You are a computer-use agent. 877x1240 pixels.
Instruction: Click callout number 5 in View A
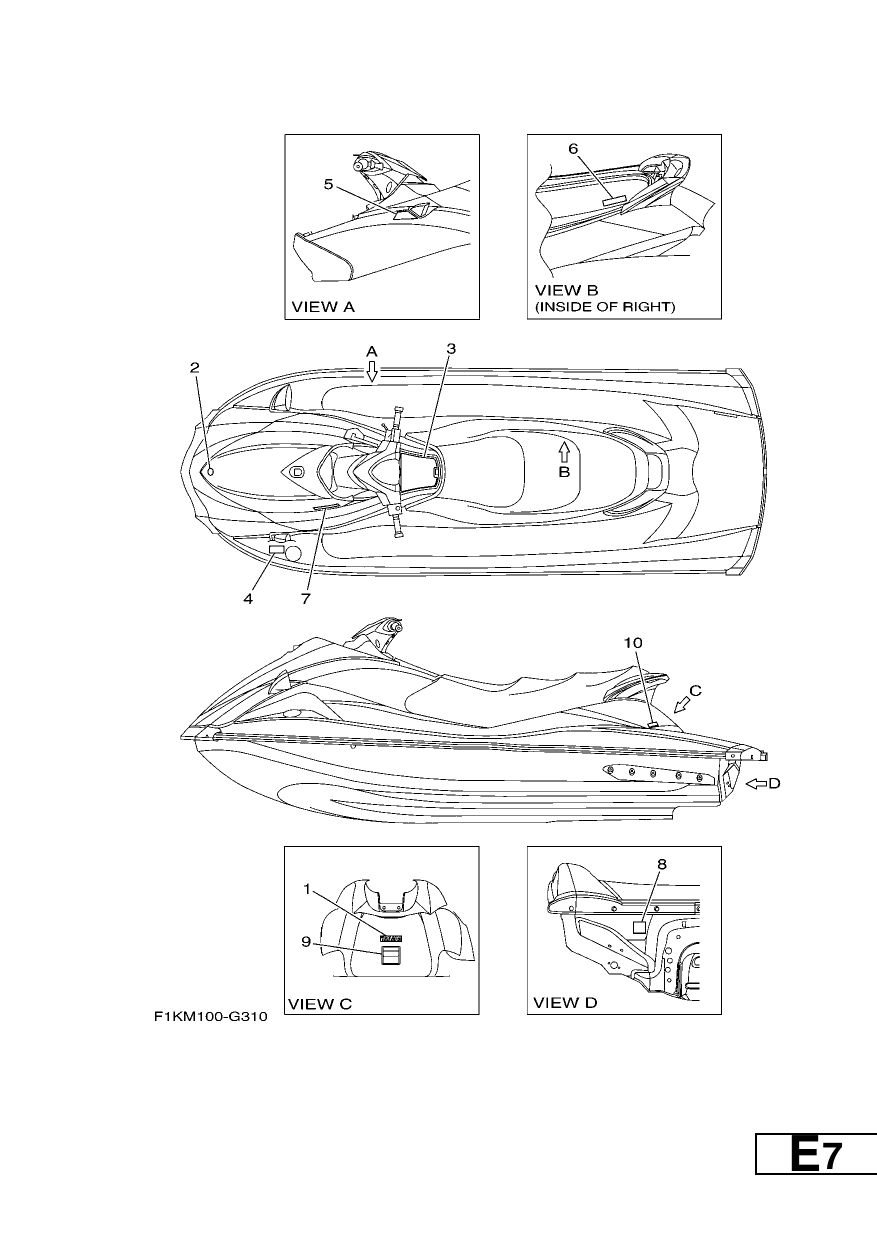click(x=328, y=184)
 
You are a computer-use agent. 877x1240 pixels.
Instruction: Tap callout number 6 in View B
click(x=573, y=149)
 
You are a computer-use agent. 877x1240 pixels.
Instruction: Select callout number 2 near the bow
click(x=195, y=368)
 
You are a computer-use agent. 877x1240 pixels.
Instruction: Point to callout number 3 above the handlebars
click(x=451, y=349)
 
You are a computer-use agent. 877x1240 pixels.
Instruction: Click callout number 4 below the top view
click(x=248, y=598)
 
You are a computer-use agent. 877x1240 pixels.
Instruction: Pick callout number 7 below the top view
click(x=306, y=598)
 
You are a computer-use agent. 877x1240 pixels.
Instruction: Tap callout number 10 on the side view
click(x=633, y=643)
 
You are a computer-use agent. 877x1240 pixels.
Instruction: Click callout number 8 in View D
click(x=662, y=864)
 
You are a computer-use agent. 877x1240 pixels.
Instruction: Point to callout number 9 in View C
click(x=306, y=941)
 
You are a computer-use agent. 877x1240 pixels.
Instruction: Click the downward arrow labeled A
click(x=372, y=372)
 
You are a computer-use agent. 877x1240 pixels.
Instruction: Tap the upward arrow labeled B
click(x=564, y=452)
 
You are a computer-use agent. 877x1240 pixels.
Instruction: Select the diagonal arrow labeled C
click(x=682, y=705)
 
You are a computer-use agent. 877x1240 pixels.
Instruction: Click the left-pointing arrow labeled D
click(x=756, y=783)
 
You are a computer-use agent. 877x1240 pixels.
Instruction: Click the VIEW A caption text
click(x=323, y=307)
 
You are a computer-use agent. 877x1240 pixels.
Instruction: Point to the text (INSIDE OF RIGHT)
click(x=605, y=307)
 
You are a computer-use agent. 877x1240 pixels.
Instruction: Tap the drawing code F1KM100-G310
click(x=210, y=1017)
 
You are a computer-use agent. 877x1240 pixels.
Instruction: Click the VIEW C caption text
click(x=320, y=1004)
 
